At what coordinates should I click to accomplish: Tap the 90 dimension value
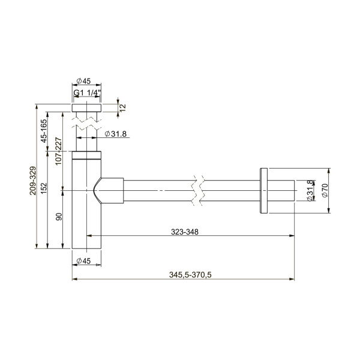tap(59, 217)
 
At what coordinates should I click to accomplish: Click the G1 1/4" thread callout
tap(87, 93)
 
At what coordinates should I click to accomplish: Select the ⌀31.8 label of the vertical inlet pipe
tap(115, 134)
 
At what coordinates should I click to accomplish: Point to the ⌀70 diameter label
tap(325, 191)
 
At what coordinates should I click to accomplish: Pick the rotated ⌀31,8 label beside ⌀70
tap(310, 191)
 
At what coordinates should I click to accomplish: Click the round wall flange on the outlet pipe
tap(263, 191)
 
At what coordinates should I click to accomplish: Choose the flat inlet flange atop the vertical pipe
tap(87, 108)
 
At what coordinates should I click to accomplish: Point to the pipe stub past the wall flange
tap(280, 191)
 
